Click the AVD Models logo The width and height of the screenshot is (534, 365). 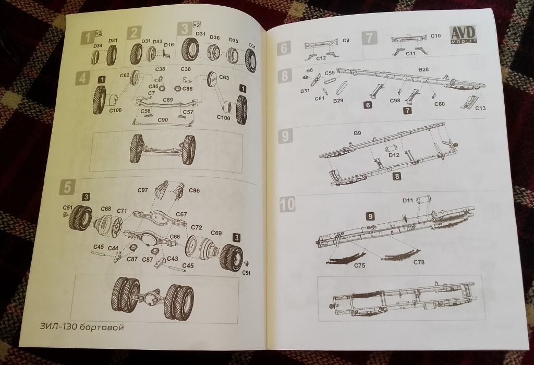tap(464, 34)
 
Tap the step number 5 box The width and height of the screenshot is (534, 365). tap(67, 188)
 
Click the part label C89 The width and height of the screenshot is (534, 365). tap(167, 100)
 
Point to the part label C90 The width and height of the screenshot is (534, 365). tap(163, 120)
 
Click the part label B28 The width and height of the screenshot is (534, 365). tap(423, 69)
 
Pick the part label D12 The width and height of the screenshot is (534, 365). tap(394, 155)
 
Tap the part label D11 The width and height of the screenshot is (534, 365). tap(408, 201)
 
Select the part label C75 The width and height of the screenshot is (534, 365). tap(359, 265)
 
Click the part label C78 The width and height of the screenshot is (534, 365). tap(419, 262)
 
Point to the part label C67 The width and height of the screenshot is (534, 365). tap(181, 214)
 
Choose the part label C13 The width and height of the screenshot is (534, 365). tap(480, 108)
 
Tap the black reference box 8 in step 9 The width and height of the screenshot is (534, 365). tap(397, 176)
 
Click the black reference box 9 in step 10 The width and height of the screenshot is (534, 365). tap(370, 216)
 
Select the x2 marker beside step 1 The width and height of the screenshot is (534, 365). tap(99, 33)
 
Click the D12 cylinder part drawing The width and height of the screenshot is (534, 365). tap(391, 149)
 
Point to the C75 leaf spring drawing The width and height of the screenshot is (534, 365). tap(345, 258)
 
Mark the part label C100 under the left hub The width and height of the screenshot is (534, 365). tap(116, 110)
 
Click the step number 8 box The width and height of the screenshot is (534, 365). tap(285, 76)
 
